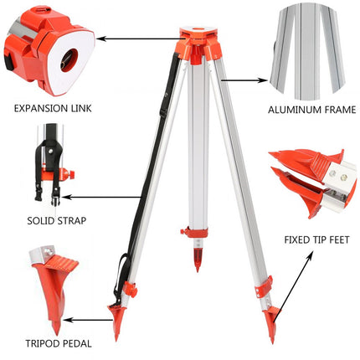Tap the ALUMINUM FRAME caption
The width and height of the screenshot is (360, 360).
(311, 109)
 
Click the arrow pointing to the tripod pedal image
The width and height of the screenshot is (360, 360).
(88, 319)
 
